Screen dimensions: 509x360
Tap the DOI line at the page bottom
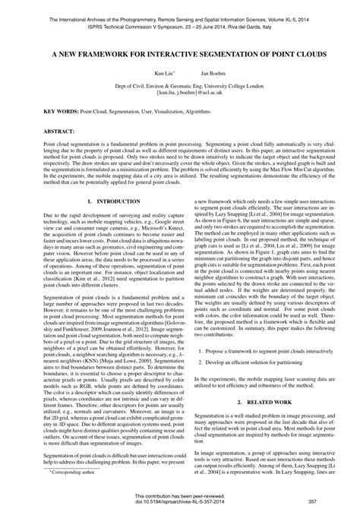179,501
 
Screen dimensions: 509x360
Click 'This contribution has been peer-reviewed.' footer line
179,495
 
